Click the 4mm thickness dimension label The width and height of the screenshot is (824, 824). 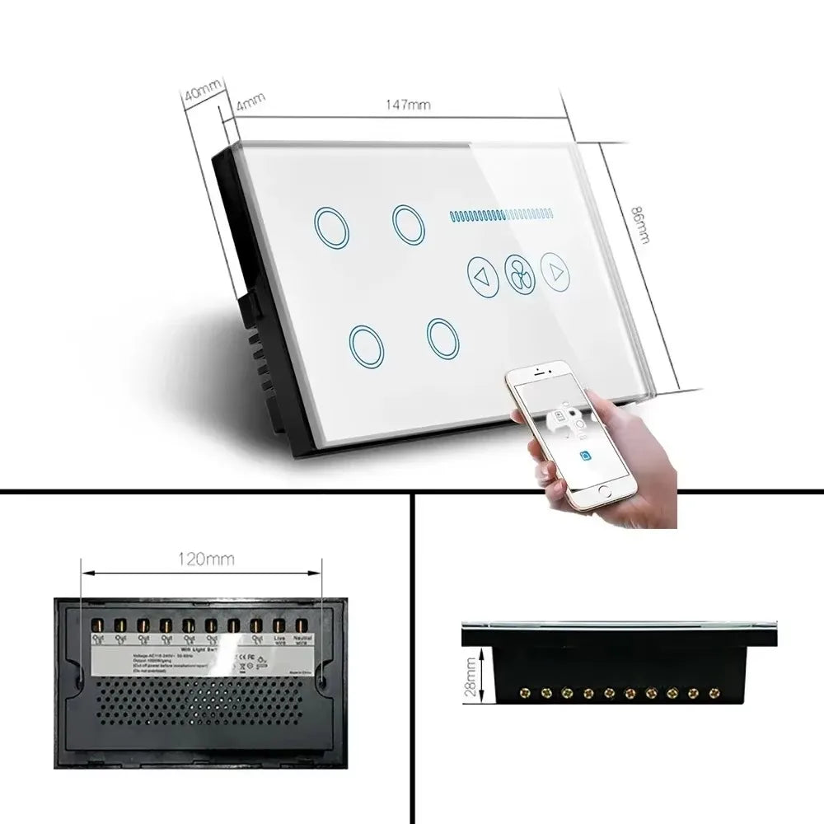point(250,105)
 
